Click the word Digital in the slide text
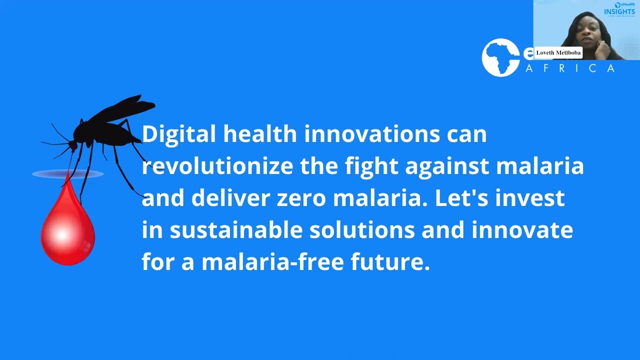178,134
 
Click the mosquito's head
73,145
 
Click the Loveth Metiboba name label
558,52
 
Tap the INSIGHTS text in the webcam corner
619,11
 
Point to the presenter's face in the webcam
585,32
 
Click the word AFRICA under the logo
570,68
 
